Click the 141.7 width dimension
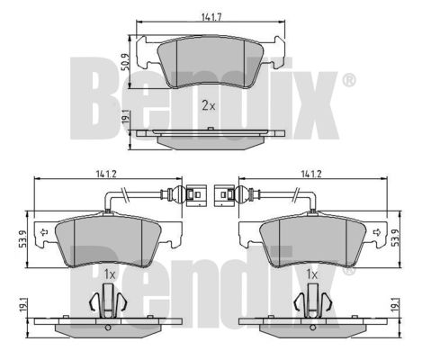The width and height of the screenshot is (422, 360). (211, 17)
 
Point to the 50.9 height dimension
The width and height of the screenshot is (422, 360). (125, 62)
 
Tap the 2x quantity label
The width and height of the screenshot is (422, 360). (209, 105)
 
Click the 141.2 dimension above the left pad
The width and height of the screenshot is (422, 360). (106, 174)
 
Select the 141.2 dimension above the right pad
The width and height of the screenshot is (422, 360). (311, 174)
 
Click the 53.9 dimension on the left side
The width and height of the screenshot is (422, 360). (22, 238)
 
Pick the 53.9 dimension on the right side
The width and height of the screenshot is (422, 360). (396, 238)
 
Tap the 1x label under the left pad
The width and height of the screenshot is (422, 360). (110, 274)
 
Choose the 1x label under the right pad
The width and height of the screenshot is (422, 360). (312, 274)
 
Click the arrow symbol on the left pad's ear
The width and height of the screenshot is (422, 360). (44, 232)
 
